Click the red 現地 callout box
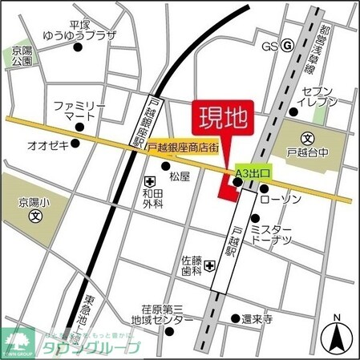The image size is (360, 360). click(222, 119)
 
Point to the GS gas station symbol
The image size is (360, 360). click(287, 46)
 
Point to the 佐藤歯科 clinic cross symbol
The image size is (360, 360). click(208, 265)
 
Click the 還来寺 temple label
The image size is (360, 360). click(257, 319)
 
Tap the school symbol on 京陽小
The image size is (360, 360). click(34, 217)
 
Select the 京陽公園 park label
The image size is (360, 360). click(22, 55)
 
